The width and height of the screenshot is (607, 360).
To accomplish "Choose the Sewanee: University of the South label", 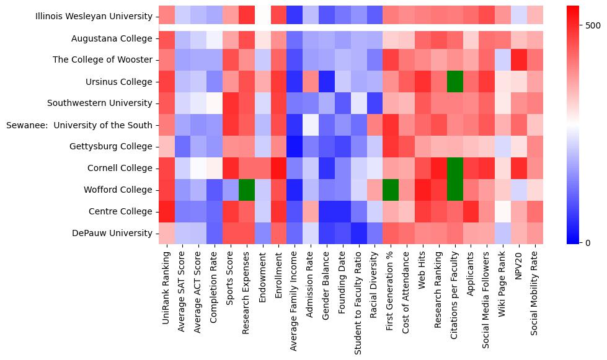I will click(x=79, y=125).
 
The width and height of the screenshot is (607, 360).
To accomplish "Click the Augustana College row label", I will click(x=112, y=38).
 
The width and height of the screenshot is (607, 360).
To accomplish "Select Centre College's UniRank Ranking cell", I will click(x=167, y=211).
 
